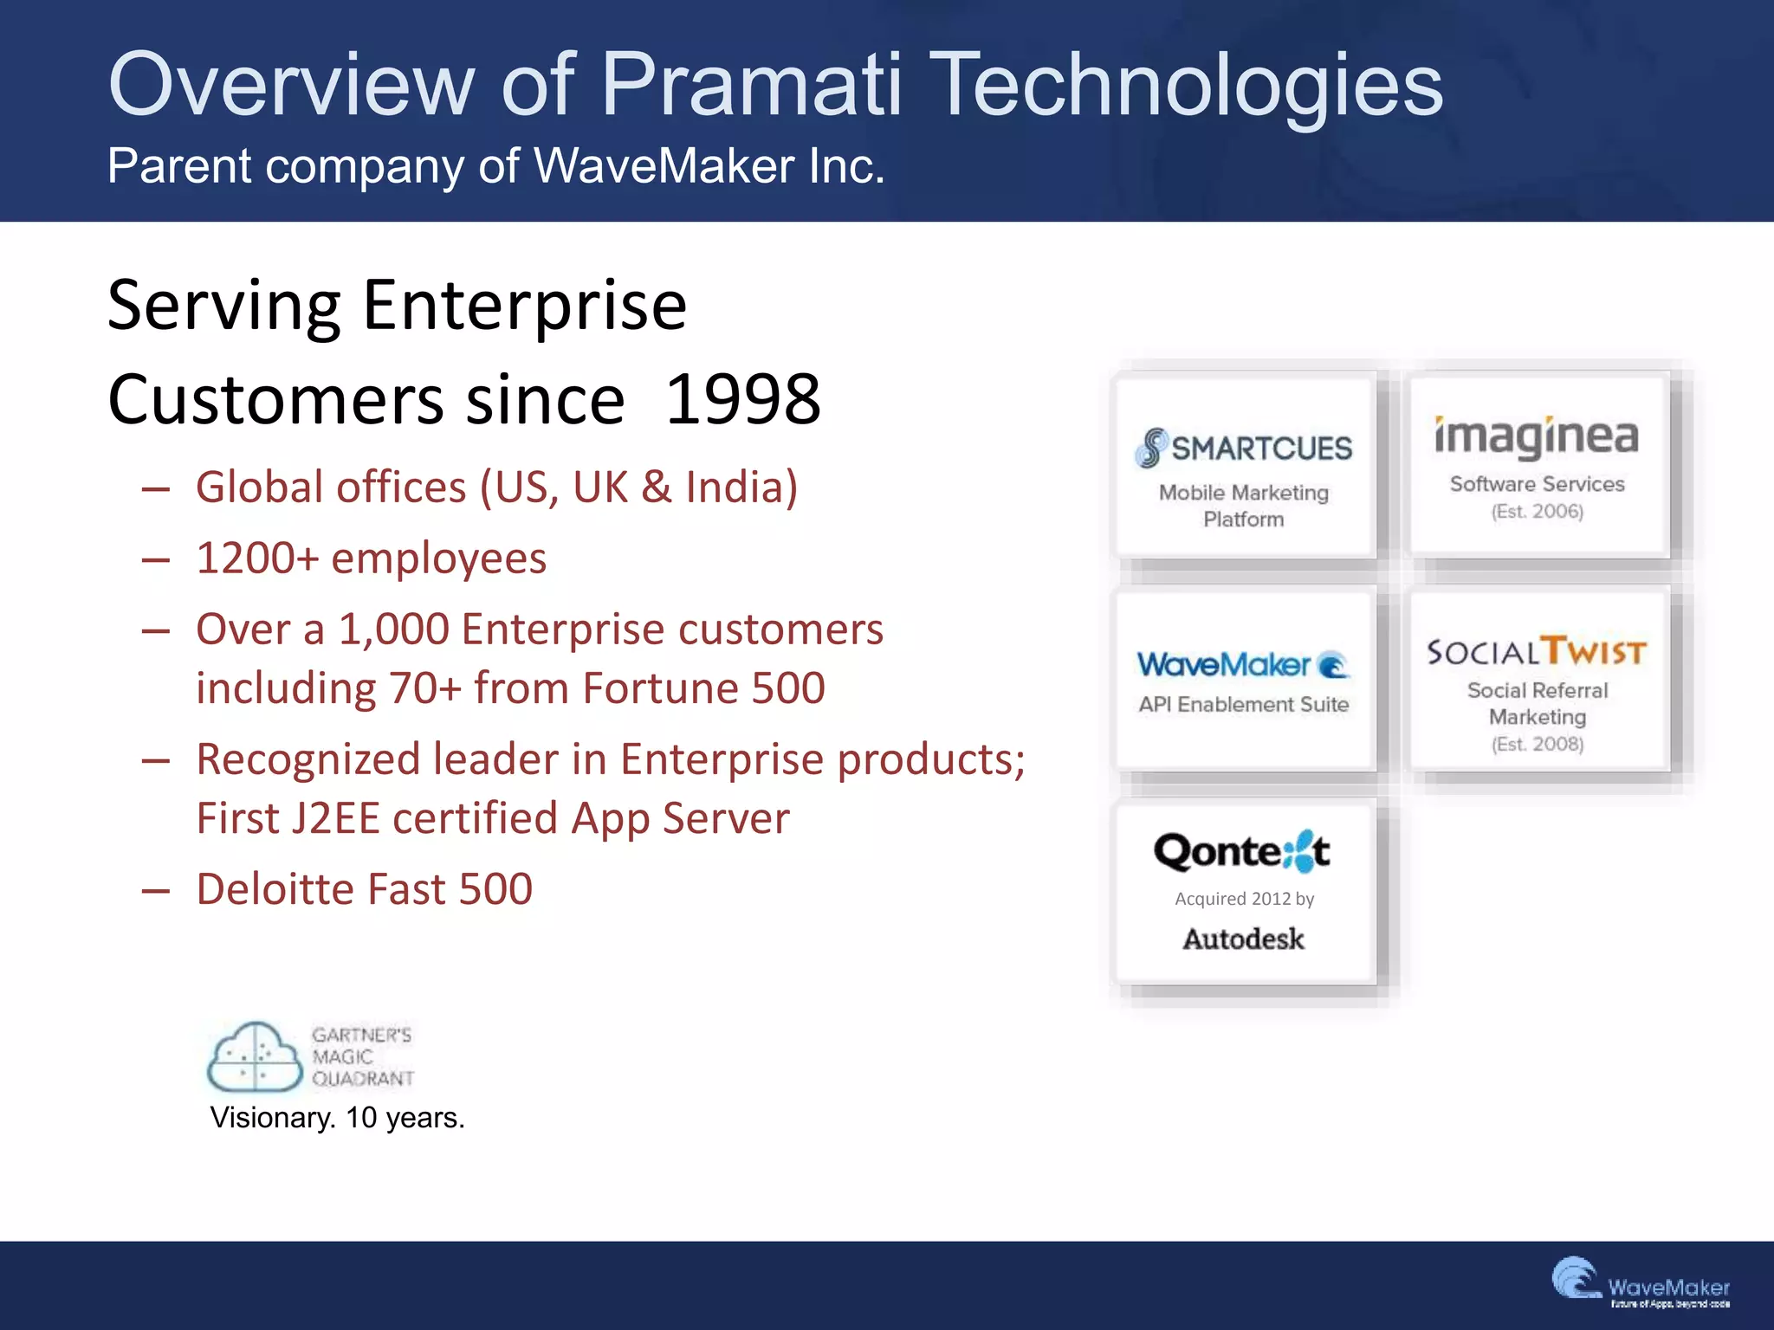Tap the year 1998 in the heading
(x=742, y=400)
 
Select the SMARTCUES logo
(x=1244, y=448)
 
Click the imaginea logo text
(x=1536, y=436)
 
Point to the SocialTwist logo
(x=1536, y=651)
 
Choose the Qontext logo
(x=1242, y=852)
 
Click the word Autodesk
(x=1243, y=939)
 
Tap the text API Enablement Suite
(x=1243, y=705)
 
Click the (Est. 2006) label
(x=1537, y=512)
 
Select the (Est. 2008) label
(x=1537, y=744)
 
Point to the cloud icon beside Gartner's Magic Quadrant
(x=255, y=1056)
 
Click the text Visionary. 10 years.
(x=337, y=1118)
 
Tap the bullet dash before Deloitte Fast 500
(x=156, y=890)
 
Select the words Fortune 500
(x=703, y=689)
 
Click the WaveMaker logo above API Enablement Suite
(x=1243, y=665)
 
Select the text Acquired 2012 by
(x=1244, y=899)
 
